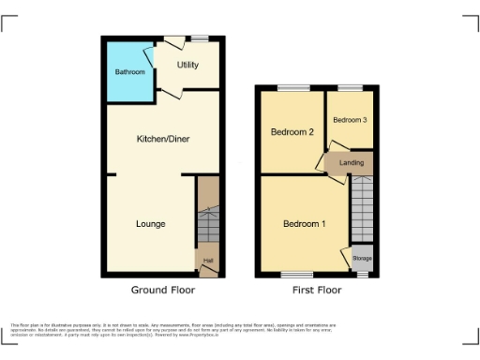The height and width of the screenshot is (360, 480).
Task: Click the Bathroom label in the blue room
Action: (x=130, y=72)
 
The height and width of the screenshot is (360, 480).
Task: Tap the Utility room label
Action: (x=187, y=66)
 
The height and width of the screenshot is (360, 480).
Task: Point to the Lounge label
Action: (x=151, y=224)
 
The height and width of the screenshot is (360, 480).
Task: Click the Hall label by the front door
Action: (x=207, y=260)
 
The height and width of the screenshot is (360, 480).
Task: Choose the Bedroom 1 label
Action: (x=305, y=224)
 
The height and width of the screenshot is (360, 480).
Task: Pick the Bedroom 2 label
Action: (x=292, y=132)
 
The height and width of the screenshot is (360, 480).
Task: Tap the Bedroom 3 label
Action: (x=350, y=120)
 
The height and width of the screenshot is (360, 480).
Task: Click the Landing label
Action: (x=352, y=163)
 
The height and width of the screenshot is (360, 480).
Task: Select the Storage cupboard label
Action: (x=361, y=257)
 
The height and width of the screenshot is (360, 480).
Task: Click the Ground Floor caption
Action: (x=163, y=291)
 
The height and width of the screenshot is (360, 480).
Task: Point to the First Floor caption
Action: (x=316, y=291)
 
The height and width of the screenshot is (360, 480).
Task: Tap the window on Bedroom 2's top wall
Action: (x=292, y=88)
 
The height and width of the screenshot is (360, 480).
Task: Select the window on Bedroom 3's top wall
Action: (x=350, y=88)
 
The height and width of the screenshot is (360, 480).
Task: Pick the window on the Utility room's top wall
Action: (x=201, y=38)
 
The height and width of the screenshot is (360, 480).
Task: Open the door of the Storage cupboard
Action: (x=345, y=256)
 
